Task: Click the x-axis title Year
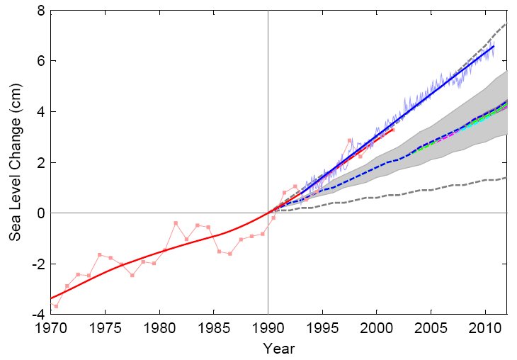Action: pyautogui.click(x=278, y=349)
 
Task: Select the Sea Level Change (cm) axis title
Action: pyautogui.click(x=15, y=162)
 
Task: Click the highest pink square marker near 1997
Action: pyautogui.click(x=349, y=140)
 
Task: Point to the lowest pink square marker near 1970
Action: pyautogui.click(x=56, y=306)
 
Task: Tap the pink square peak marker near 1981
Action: pyautogui.click(x=175, y=223)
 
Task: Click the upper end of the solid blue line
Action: pyautogui.click(x=494, y=46)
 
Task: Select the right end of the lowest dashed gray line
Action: pyautogui.click(x=506, y=177)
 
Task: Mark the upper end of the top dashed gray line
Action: pyautogui.click(x=506, y=23)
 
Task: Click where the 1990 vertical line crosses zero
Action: pyautogui.click(x=268, y=213)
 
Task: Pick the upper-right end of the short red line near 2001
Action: pyautogui.click(x=393, y=129)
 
